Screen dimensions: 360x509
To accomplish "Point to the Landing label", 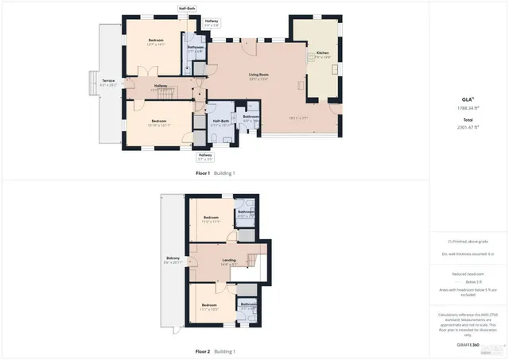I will [x=228, y=261].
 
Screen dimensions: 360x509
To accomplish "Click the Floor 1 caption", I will [x=215, y=172].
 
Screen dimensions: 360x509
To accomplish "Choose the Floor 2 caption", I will [x=215, y=350].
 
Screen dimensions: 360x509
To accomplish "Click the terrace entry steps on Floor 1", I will [x=93, y=83].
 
